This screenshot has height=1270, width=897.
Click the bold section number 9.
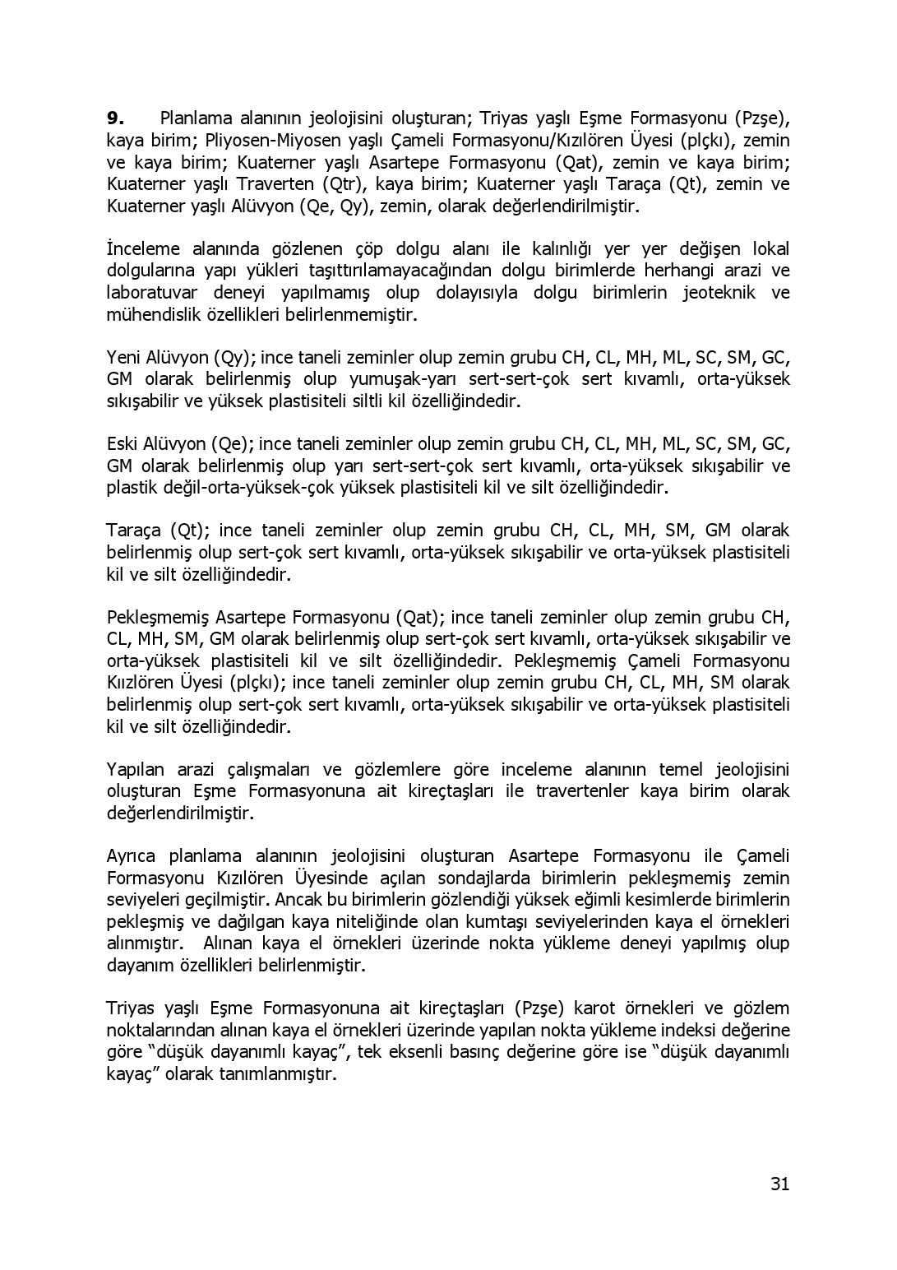pos(115,118)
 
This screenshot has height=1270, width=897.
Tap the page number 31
pos(780,1184)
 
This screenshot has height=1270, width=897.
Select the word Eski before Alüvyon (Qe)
pos(123,444)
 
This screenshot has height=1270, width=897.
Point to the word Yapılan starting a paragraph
pos(136,769)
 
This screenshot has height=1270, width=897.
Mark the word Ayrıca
pos(133,855)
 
